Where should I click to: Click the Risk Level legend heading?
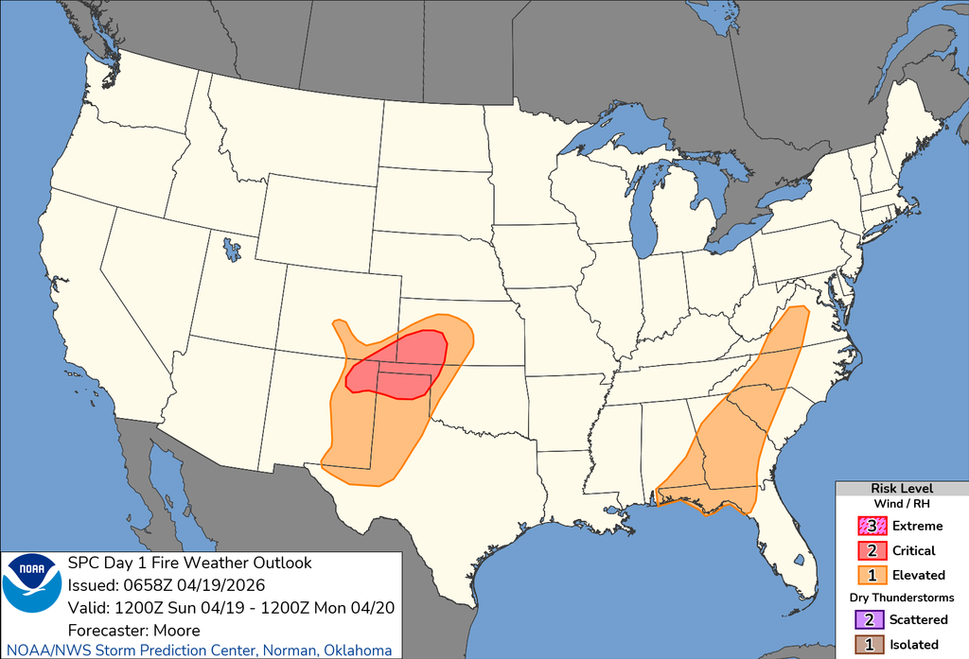[x=902, y=488]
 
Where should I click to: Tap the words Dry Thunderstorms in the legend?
[x=902, y=598]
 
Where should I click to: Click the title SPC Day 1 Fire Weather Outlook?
[x=189, y=563]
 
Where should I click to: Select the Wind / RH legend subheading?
[x=902, y=504]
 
